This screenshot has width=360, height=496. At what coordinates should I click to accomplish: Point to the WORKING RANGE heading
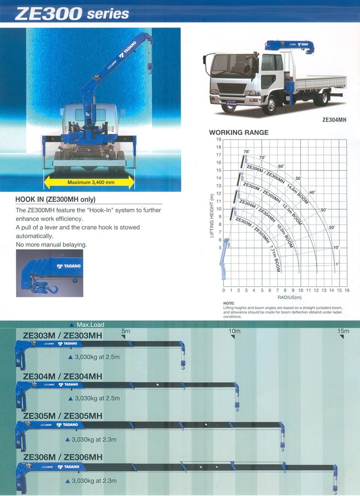pos(238,133)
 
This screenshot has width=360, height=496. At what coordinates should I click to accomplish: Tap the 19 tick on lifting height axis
pos(219,140)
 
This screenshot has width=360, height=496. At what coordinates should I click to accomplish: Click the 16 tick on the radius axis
pos(347,291)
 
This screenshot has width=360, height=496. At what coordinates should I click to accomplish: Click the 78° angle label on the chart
pos(246,152)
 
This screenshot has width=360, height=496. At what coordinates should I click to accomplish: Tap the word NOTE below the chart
pos(229,304)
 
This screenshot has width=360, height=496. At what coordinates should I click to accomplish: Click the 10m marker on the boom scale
pos(234,331)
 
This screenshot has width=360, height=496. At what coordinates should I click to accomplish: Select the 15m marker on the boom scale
pos(343,331)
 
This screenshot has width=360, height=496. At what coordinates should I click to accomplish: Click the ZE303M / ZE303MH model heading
pos(63,335)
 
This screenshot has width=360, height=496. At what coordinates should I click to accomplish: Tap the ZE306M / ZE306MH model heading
pos(63,458)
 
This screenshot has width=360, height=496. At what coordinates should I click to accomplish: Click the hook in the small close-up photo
pos(53,290)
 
